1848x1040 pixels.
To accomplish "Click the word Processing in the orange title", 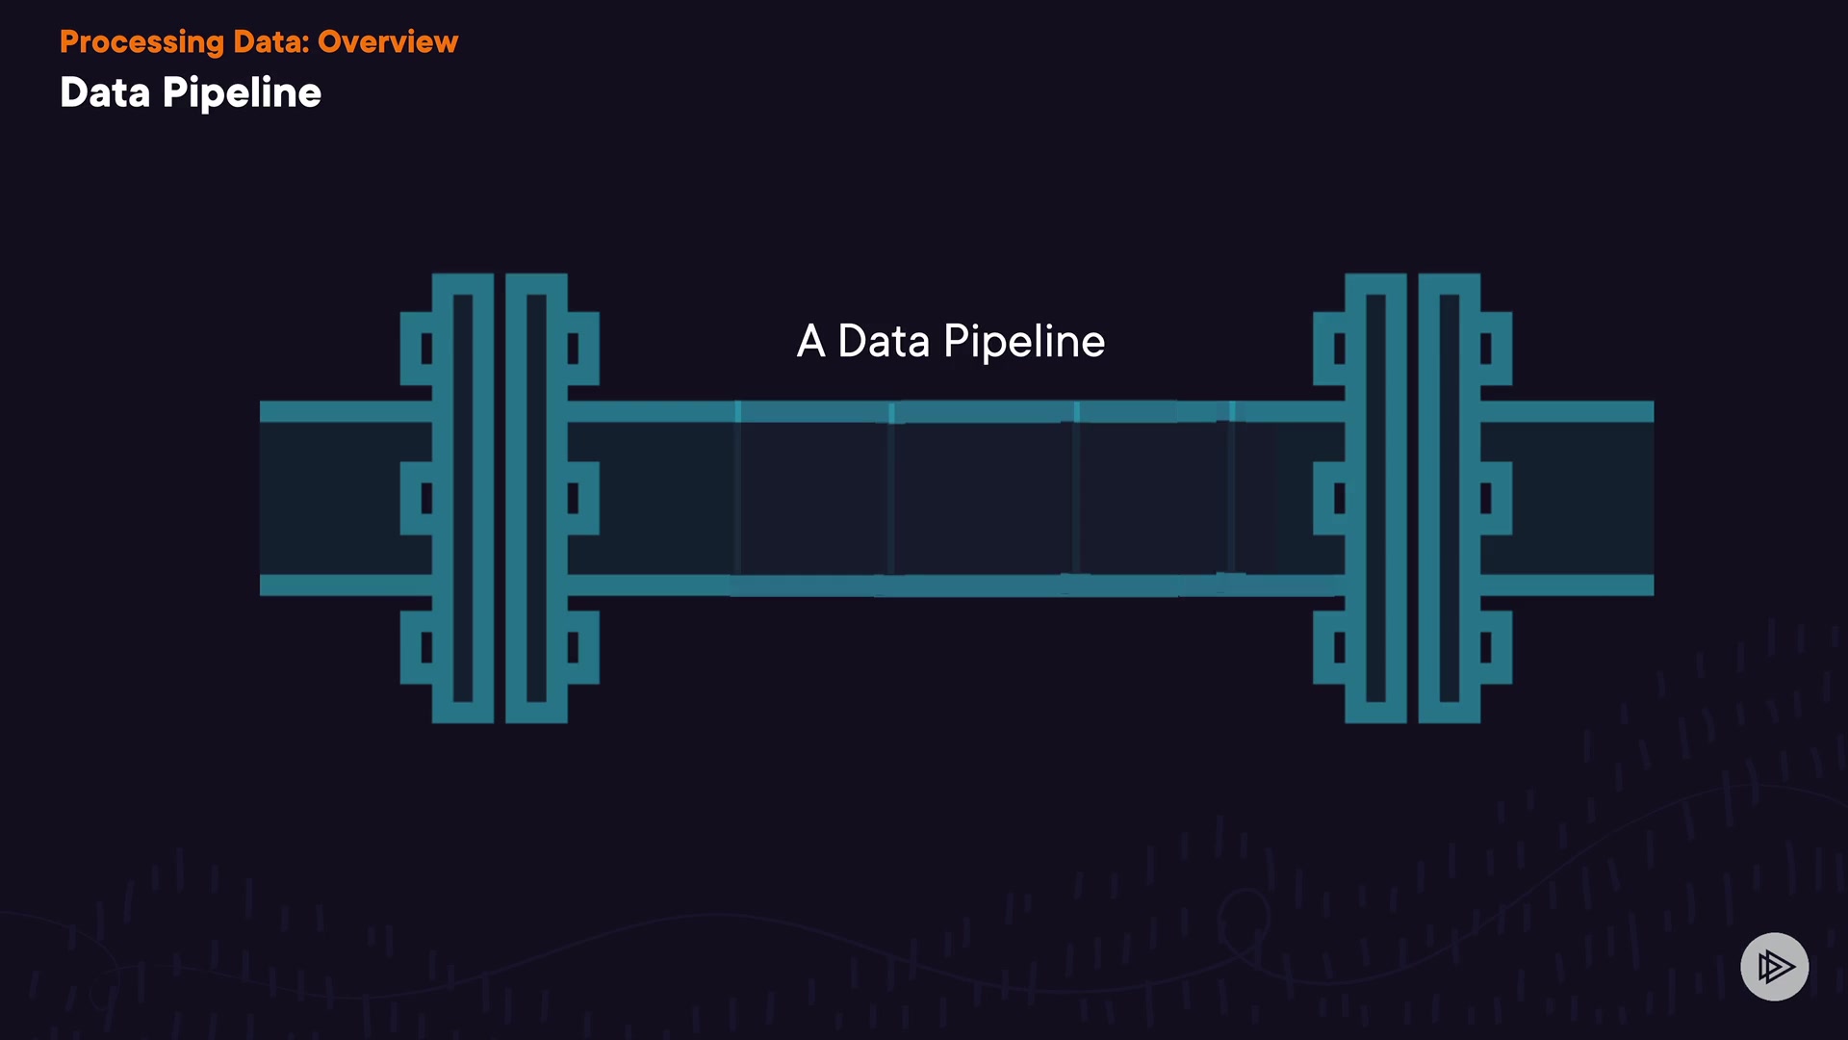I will (x=141, y=42).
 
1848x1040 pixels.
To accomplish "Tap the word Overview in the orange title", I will (x=388, y=42).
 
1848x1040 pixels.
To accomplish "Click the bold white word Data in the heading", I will (x=105, y=93).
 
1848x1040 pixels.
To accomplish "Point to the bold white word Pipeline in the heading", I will (x=242, y=93).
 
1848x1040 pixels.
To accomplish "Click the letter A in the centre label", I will (x=810, y=342).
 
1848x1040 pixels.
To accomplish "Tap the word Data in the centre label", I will (x=884, y=342).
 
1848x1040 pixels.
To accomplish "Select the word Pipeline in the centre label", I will (x=1024, y=342).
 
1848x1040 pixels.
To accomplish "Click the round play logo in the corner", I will (x=1774, y=966).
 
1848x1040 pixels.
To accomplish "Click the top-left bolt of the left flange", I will (x=418, y=348).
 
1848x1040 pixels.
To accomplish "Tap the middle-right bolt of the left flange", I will (x=582, y=498).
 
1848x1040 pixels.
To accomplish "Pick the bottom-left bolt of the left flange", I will (x=418, y=647).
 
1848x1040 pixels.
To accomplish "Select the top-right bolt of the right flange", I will (x=1495, y=348).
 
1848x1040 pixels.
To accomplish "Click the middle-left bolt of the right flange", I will (x=1330, y=498).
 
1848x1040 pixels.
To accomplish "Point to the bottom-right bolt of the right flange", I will (x=1495, y=647).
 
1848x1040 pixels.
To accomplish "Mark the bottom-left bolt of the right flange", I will (x=1330, y=647).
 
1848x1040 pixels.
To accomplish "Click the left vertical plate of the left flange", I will (x=463, y=498).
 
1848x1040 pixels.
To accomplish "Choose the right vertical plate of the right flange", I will (x=1450, y=498).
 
